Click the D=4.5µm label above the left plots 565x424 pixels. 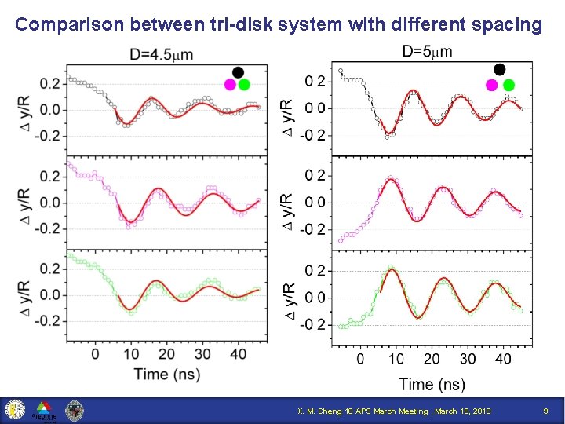coord(161,54)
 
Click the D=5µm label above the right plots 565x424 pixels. coord(427,52)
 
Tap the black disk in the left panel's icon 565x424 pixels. coord(238,71)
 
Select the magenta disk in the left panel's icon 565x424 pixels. coord(231,84)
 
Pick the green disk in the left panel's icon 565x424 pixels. coord(244,84)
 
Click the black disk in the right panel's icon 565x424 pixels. coord(500,70)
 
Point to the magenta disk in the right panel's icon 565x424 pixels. coord(492,84)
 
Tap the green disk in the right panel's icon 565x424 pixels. coord(508,84)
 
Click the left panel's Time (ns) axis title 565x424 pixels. coord(166,373)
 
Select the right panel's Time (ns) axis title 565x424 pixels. coord(432,383)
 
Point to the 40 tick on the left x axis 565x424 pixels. coord(238,353)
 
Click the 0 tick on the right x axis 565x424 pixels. coord(360,359)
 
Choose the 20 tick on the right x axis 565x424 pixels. coord(432,359)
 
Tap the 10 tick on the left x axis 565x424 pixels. coord(131,353)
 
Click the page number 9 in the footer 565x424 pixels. coord(546,411)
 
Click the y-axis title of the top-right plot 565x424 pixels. coord(289,108)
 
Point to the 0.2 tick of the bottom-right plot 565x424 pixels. coord(315,271)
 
